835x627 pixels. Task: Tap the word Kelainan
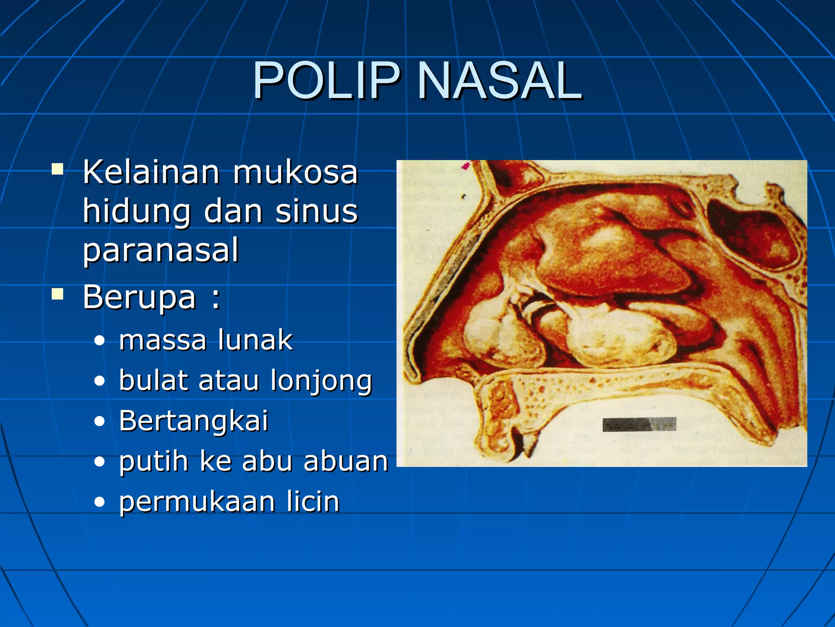(151, 173)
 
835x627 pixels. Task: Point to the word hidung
(137, 212)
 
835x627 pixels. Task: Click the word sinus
(316, 212)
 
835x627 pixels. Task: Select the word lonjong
(321, 380)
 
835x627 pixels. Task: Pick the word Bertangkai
(194, 420)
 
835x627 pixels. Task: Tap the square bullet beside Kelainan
(57, 169)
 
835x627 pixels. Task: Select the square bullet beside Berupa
(57, 294)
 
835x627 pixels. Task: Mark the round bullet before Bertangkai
(99, 422)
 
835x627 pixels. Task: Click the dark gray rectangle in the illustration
(639, 424)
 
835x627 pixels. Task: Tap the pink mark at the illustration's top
(466, 165)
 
